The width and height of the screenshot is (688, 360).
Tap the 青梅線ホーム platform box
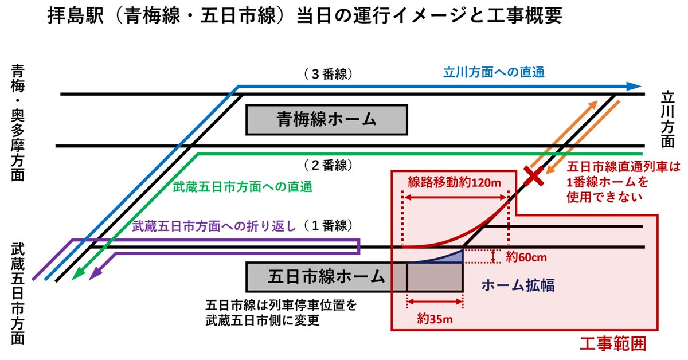[x=326, y=119]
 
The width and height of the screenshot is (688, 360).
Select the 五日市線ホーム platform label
[x=326, y=277]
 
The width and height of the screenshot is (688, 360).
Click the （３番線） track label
[x=328, y=74]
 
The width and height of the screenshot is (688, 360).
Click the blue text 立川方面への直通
[x=494, y=73]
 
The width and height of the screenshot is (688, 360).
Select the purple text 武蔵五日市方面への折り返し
[x=214, y=226]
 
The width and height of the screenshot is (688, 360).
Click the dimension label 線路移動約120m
[x=455, y=182]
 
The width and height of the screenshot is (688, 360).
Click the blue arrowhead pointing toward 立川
[x=634, y=86]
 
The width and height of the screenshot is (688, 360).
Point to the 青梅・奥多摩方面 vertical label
[x=18, y=123]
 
